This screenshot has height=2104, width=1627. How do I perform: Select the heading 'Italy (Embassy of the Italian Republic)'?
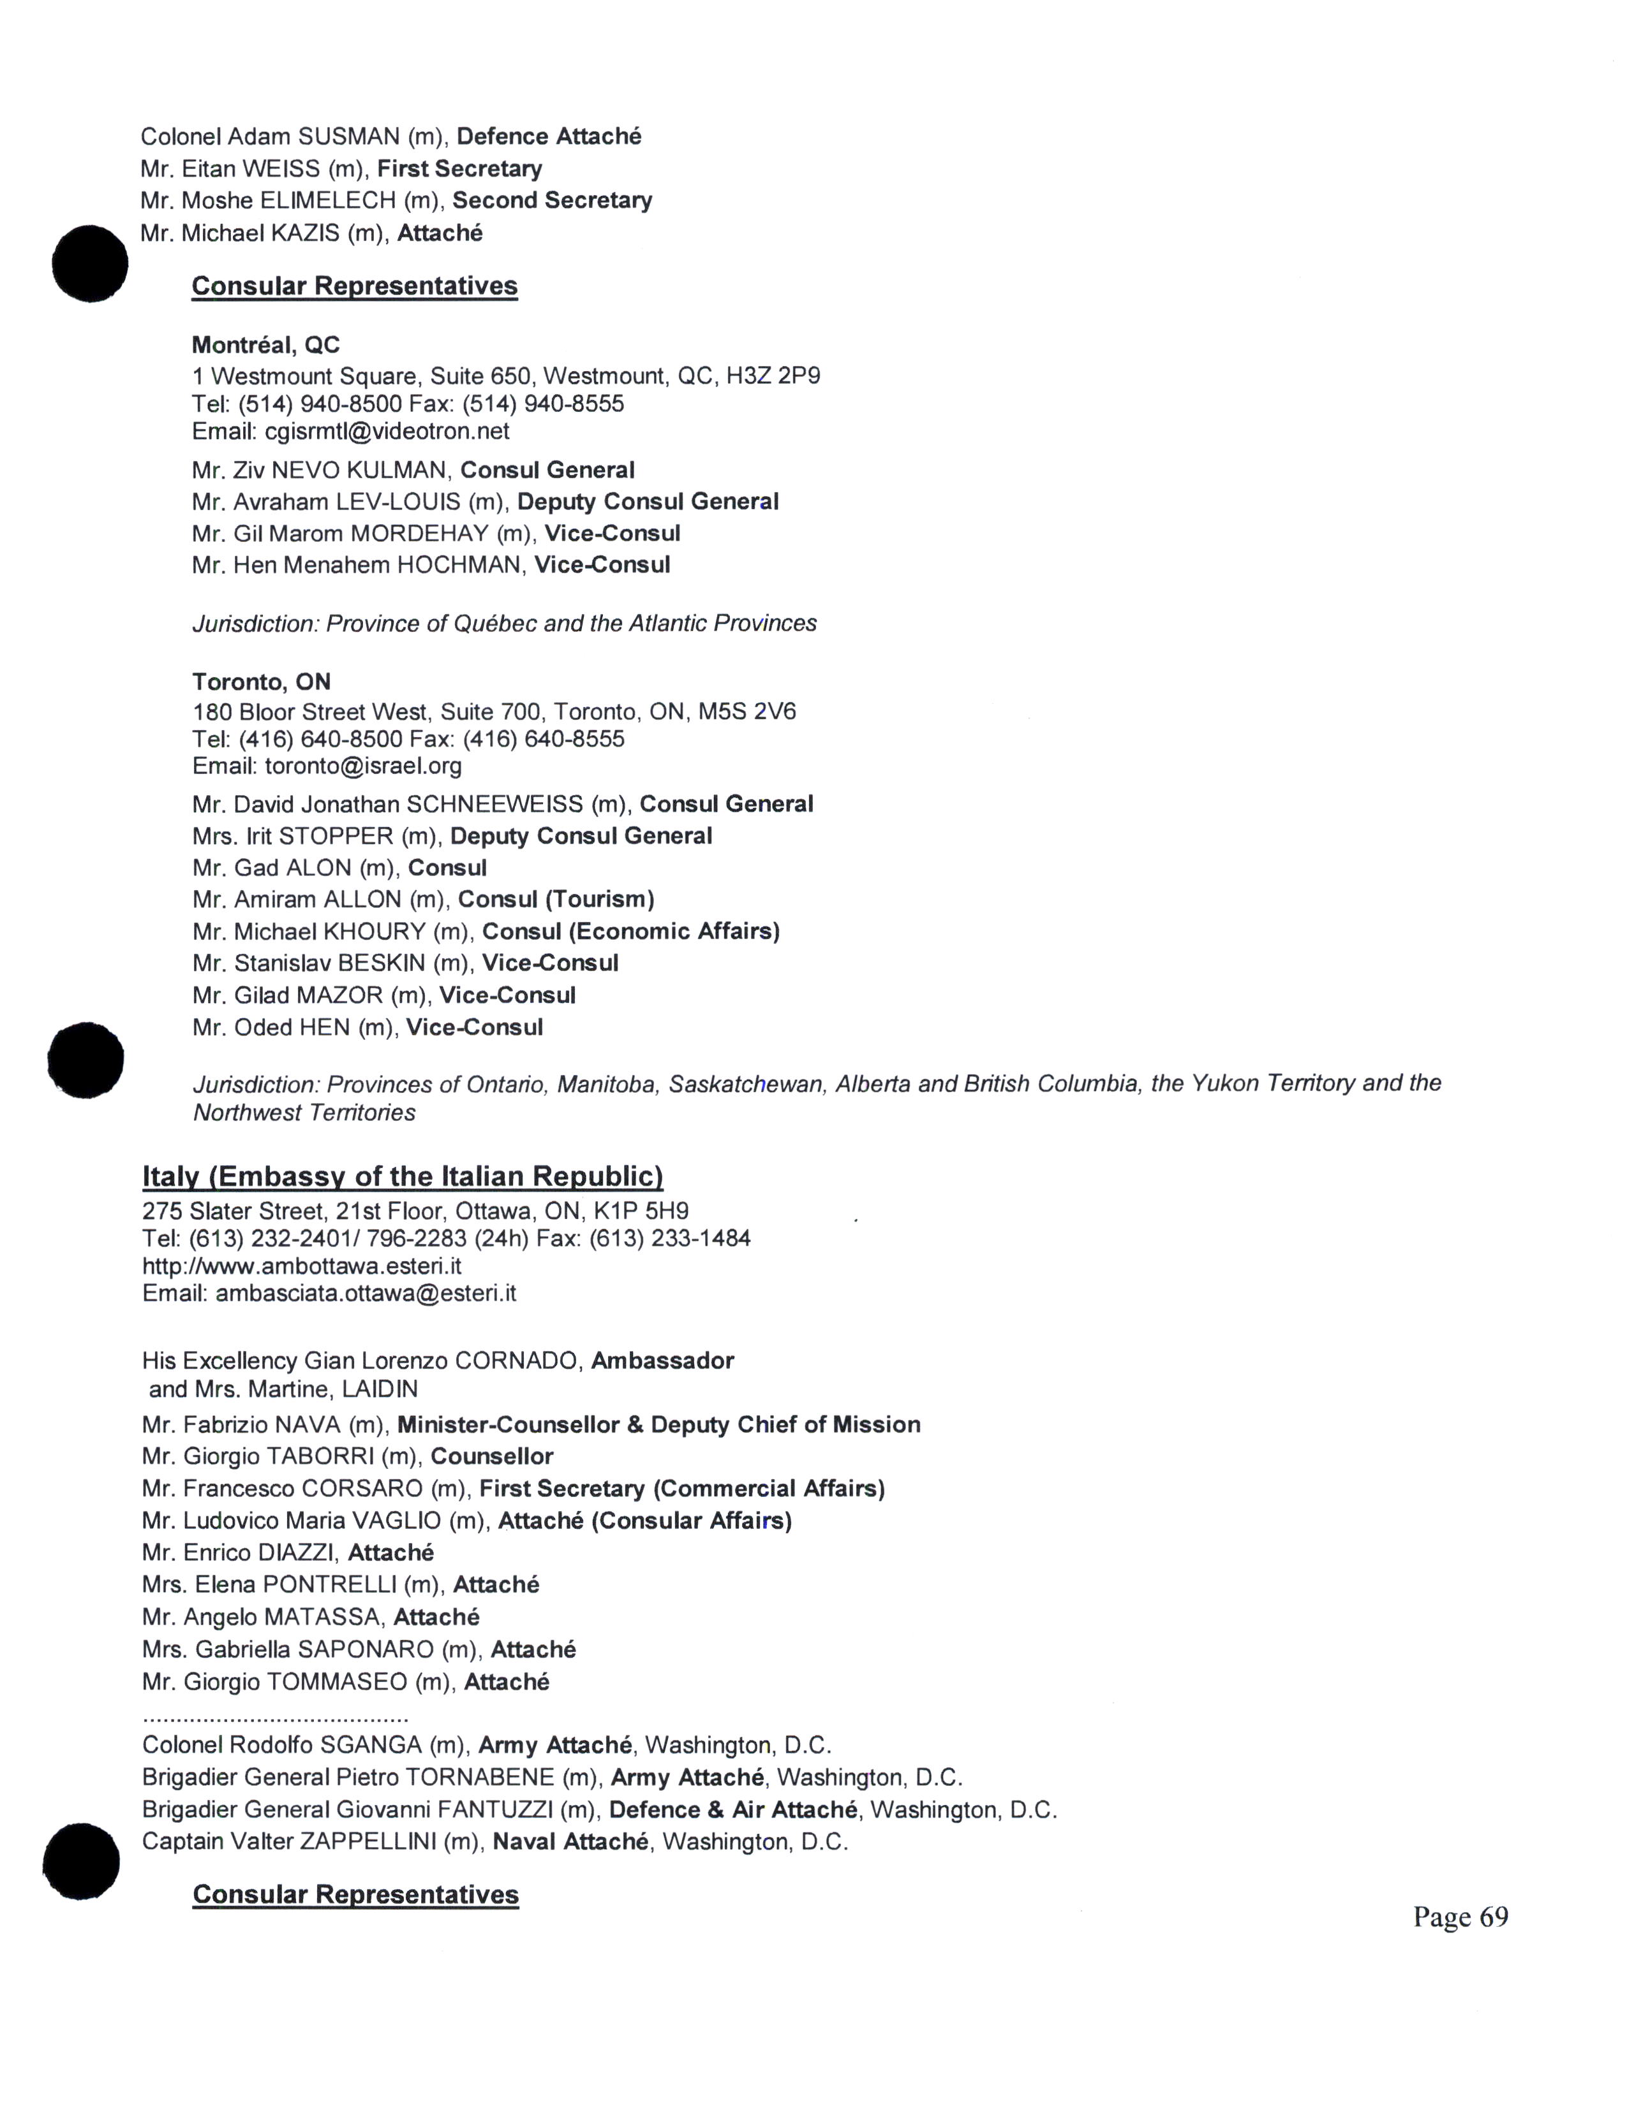coord(402,1176)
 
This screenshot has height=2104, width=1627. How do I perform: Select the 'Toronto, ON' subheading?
coord(261,682)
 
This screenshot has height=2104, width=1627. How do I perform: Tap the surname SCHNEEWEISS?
coord(494,805)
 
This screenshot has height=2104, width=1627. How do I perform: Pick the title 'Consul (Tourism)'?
coord(556,900)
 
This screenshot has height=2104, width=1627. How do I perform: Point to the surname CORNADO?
coord(517,1361)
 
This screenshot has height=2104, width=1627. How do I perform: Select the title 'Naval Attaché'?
coord(570,1842)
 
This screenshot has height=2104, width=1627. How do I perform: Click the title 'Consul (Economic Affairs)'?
coord(630,931)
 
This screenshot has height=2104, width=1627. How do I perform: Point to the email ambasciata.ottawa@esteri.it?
coord(366,1293)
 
